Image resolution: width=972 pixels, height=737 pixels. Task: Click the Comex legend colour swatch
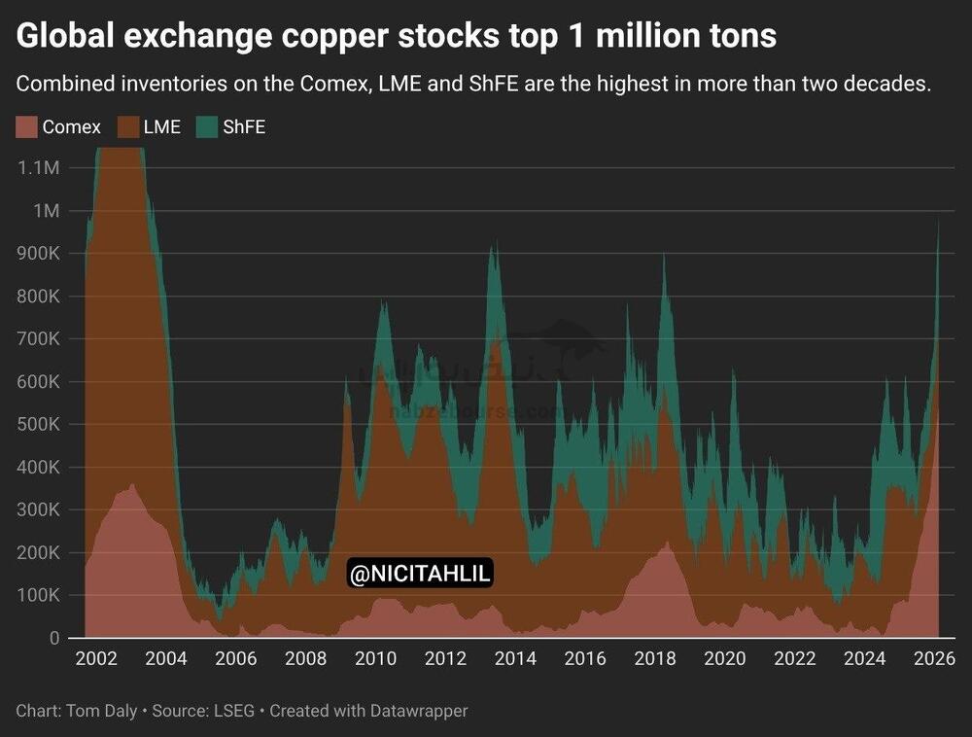coord(26,126)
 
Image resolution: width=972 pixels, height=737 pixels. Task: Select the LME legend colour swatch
coord(127,126)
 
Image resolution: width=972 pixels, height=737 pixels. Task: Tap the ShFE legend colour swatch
coord(207,126)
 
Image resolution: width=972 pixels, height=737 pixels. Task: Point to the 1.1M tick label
coord(39,168)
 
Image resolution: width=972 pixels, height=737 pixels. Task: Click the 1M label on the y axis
coord(45,211)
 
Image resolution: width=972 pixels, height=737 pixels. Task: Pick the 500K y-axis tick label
coord(38,425)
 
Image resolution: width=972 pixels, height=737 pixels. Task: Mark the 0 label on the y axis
coord(54,638)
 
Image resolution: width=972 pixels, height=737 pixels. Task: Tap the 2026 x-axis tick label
coord(934,659)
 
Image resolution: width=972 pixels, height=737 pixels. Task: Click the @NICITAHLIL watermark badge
coord(420,575)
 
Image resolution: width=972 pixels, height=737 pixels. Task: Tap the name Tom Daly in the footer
coord(101,711)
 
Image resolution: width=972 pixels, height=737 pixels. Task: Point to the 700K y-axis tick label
coord(38,339)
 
